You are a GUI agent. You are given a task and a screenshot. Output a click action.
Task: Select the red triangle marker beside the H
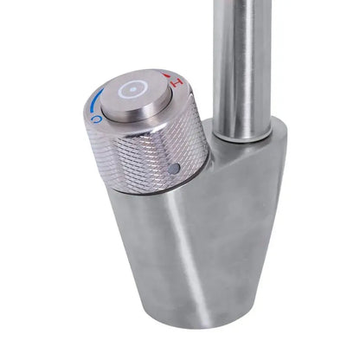169,76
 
